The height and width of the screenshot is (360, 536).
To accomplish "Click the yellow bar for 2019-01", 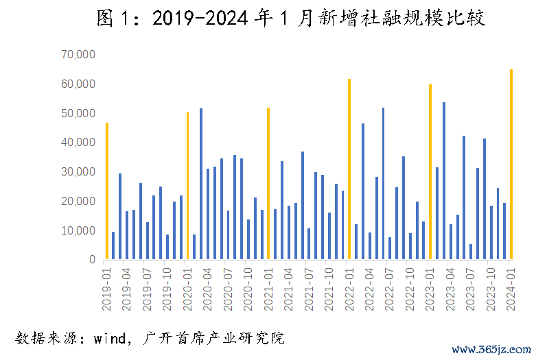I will tap(106, 191).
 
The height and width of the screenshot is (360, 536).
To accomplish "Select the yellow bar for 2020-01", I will tap(187, 186).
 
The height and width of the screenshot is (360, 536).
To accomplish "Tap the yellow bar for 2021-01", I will tap(268, 184).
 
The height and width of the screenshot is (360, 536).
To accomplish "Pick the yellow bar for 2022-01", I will tap(349, 169).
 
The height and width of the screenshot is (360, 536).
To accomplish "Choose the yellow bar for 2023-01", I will tap(430, 172).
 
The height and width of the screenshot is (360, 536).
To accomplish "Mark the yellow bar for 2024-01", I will tap(511, 165).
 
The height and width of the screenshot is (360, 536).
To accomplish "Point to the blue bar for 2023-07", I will tap(471, 252).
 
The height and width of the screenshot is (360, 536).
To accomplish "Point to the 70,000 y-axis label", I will tap(78, 54).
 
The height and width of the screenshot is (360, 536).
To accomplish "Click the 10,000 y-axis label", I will tap(78, 231).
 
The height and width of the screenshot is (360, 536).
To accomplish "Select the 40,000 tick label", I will tap(78, 143).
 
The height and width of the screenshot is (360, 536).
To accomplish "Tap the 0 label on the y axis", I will tap(91, 261).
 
